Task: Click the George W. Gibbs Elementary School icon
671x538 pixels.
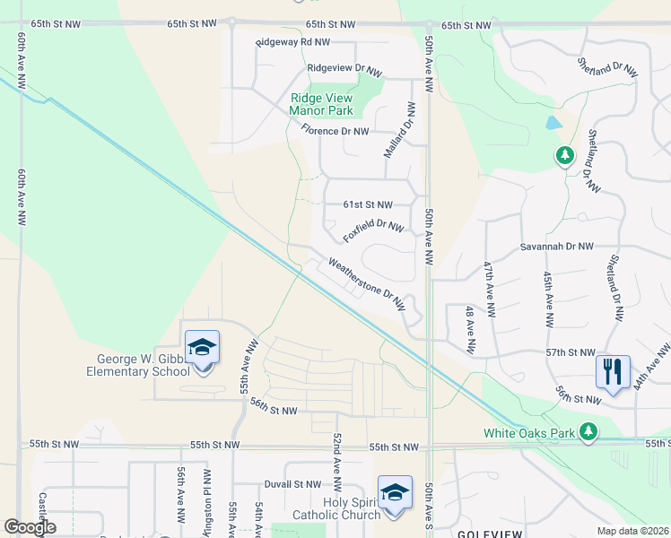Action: [203, 347]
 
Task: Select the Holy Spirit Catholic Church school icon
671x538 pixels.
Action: [395, 492]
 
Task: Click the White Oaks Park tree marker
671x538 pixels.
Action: [588, 431]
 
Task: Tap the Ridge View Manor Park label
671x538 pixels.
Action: [320, 105]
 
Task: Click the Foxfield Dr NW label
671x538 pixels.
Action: [373, 230]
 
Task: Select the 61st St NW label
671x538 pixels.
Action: [368, 204]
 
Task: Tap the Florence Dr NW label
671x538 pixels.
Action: [335, 131]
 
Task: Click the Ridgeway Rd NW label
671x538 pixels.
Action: [292, 42]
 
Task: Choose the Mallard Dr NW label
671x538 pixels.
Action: [400, 131]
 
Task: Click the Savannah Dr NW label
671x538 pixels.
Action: [557, 246]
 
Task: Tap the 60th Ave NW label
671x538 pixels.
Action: [21, 195]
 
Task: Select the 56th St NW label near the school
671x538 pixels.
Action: [274, 411]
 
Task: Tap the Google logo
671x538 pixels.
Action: [30, 527]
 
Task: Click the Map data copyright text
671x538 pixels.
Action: [632, 531]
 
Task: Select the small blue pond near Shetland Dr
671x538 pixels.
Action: [553, 123]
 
